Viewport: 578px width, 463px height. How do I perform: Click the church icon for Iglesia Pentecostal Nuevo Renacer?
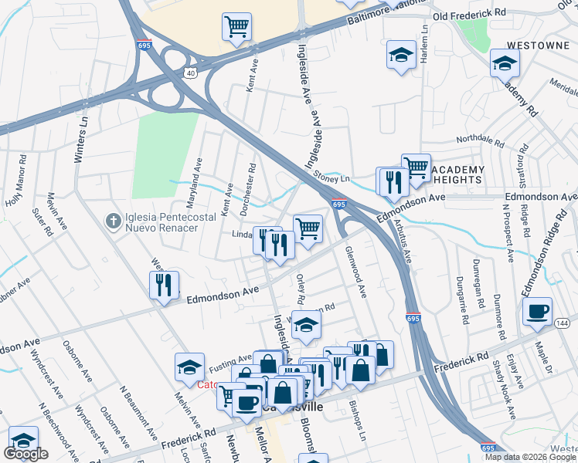[112, 221]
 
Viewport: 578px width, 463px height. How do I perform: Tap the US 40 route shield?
[191, 72]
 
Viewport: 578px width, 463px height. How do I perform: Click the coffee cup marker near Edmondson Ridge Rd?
[537, 311]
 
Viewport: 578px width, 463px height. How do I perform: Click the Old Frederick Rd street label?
[468, 14]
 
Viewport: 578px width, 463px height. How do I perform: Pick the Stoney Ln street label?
[332, 177]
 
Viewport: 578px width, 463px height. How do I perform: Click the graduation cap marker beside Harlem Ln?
[400, 55]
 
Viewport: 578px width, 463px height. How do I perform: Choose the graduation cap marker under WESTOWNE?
[505, 62]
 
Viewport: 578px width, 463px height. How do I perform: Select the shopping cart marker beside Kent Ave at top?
[236, 26]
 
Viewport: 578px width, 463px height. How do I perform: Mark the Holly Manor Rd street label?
[17, 184]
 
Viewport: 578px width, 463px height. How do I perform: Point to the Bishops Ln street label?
[358, 417]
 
